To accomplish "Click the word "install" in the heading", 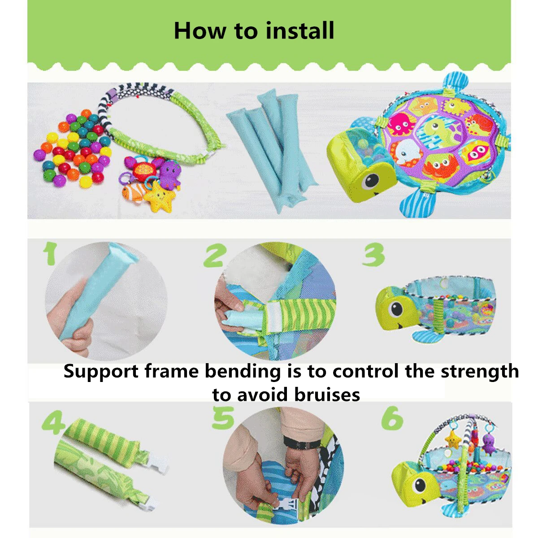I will [300, 30].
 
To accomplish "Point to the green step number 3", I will [373, 255].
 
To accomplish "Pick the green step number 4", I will [53, 422].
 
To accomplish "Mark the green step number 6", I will [392, 419].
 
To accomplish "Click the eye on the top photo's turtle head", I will [371, 181].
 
